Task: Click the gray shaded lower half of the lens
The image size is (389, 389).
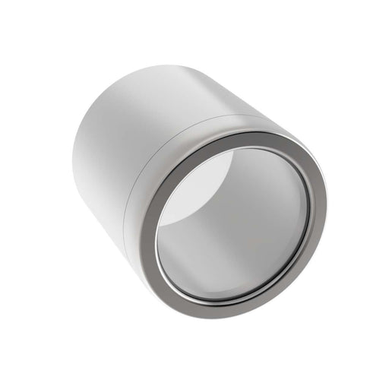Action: coord(251,243)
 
